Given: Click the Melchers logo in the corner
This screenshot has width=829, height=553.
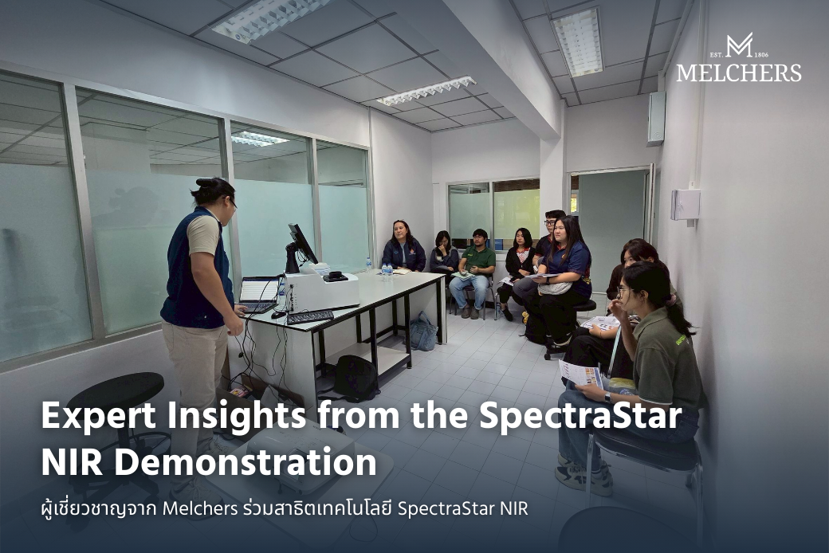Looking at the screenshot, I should [738, 58].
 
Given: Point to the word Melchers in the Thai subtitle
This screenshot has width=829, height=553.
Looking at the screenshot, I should [199, 508].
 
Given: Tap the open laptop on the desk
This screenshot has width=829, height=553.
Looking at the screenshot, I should [260, 292].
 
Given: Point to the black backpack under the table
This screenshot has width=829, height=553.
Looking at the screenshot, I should [355, 377].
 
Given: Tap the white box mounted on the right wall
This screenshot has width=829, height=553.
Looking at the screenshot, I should [685, 204].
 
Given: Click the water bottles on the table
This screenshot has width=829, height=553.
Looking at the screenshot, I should [387, 269].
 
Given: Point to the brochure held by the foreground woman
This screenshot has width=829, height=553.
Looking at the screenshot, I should [581, 374].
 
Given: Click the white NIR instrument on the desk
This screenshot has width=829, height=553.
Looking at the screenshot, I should [322, 291].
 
